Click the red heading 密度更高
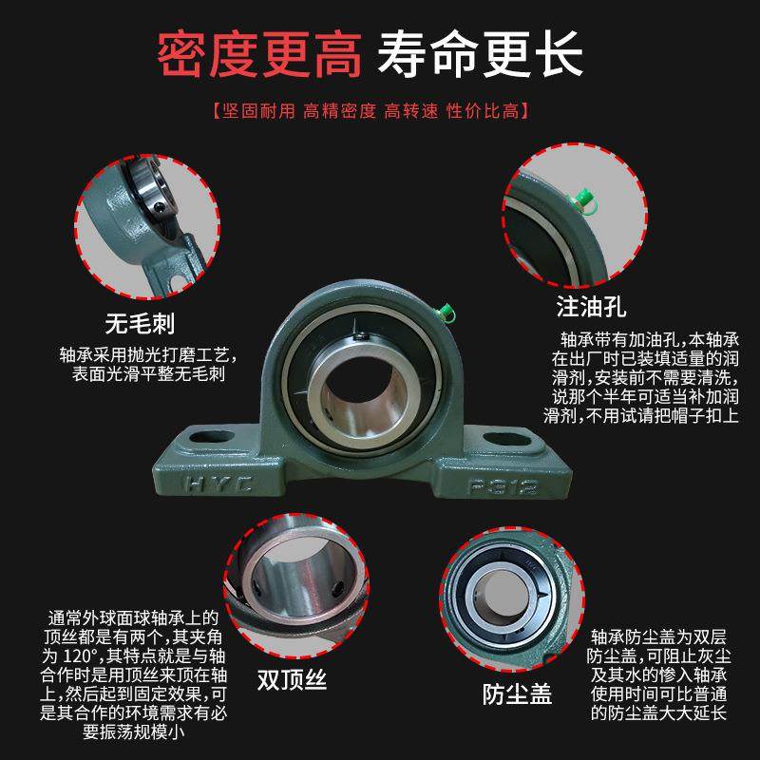258,56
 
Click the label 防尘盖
517,692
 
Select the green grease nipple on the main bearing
446,310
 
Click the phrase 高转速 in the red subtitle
410,111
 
